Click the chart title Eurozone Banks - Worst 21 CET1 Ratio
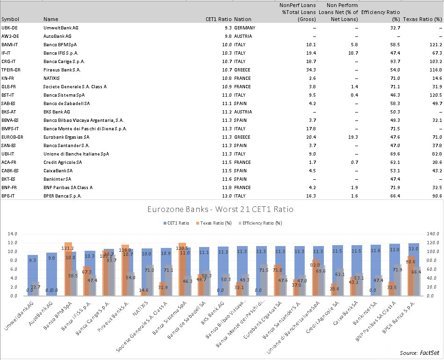pos(222,210)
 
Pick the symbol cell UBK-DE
pos(10,28)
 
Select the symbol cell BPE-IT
pos(10,196)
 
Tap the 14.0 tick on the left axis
pos(11,233)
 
